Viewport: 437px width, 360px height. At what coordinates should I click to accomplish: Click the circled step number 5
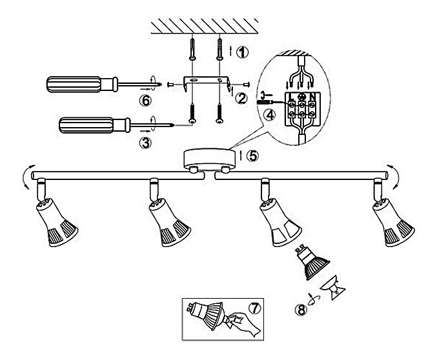253,155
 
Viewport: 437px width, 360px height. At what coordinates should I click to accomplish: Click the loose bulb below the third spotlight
312,261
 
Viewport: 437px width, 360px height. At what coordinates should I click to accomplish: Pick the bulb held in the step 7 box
207,316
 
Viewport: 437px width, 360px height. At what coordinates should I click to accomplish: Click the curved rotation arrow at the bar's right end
393,174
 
